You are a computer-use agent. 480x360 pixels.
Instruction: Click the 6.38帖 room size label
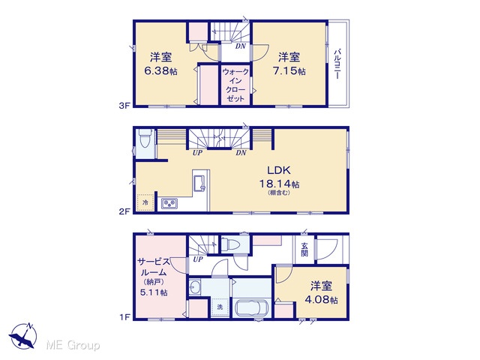[160, 71]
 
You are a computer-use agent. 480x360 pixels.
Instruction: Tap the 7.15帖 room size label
[289, 71]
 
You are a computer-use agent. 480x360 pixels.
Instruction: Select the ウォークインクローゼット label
[235, 85]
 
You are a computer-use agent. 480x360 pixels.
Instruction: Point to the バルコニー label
[337, 64]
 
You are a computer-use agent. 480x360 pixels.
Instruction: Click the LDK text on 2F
[279, 170]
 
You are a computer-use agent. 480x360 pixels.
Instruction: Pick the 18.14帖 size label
[279, 184]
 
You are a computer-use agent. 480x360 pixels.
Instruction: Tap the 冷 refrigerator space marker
[145, 202]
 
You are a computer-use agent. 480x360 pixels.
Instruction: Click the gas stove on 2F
[169, 203]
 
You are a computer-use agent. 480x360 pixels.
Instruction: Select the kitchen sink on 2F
[200, 184]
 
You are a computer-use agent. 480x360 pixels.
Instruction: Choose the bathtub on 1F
[251, 308]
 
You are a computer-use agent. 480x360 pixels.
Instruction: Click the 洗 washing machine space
[220, 307]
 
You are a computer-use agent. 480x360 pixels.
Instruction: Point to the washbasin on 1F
[194, 287]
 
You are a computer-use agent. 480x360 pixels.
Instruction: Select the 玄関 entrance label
[304, 250]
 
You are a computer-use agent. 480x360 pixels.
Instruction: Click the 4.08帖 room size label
[321, 299]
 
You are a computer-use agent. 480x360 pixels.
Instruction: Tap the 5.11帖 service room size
[154, 292]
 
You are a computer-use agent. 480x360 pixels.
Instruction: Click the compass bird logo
[23, 336]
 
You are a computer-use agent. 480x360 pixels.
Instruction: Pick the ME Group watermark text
[73, 345]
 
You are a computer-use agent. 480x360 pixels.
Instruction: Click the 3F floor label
[125, 106]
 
